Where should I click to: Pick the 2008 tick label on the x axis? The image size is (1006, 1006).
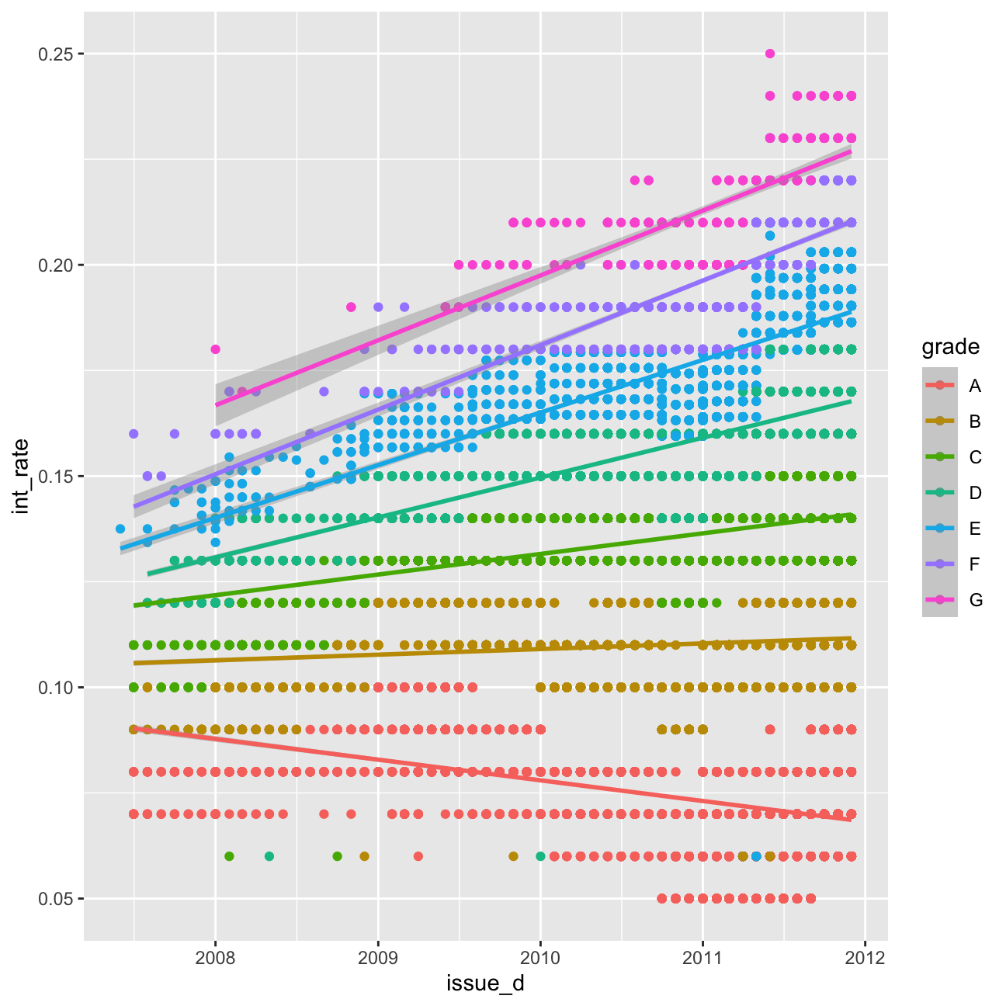[x=216, y=958]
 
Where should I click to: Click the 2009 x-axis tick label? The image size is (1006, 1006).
[x=378, y=958]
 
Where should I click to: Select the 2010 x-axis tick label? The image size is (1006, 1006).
[x=540, y=958]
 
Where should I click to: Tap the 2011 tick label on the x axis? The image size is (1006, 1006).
[x=702, y=958]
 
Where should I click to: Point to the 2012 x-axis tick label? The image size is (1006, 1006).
[x=866, y=958]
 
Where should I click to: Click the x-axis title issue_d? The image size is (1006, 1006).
[x=485, y=983]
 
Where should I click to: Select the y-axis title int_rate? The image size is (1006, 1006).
[x=21, y=476]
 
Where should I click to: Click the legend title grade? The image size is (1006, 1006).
[x=950, y=347]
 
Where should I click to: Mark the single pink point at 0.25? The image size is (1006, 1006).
[x=769, y=54]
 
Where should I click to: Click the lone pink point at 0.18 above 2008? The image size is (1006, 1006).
[x=216, y=349]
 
